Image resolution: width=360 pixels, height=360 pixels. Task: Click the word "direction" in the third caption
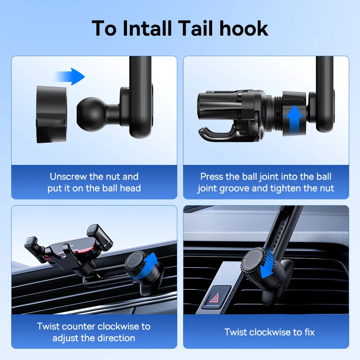point(116,338)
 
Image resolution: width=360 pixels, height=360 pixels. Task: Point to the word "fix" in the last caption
point(309,332)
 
